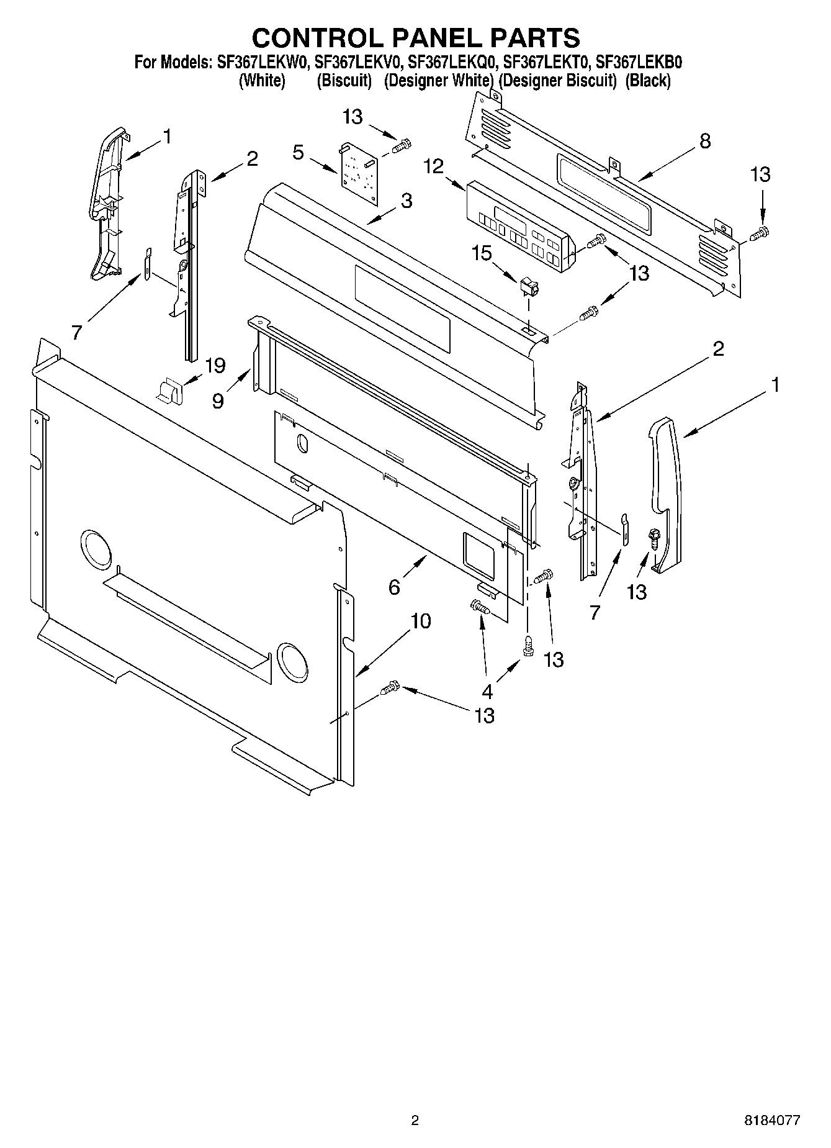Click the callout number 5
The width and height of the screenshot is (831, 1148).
coord(299,153)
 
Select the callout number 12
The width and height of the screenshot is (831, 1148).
coord(434,166)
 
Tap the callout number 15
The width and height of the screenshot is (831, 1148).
coord(482,253)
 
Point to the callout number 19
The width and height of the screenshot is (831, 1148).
coord(215,366)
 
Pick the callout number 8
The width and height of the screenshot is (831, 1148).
coord(704,141)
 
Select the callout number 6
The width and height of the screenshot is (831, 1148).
coord(394,587)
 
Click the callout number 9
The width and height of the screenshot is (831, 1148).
coord(217,400)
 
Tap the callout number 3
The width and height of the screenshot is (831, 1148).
coord(406,201)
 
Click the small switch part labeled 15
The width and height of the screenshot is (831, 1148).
coord(529,288)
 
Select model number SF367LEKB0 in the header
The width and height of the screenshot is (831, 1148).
coord(639,62)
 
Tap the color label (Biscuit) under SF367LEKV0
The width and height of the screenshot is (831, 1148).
coord(344,81)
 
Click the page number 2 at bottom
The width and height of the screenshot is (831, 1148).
coord(415,1121)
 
